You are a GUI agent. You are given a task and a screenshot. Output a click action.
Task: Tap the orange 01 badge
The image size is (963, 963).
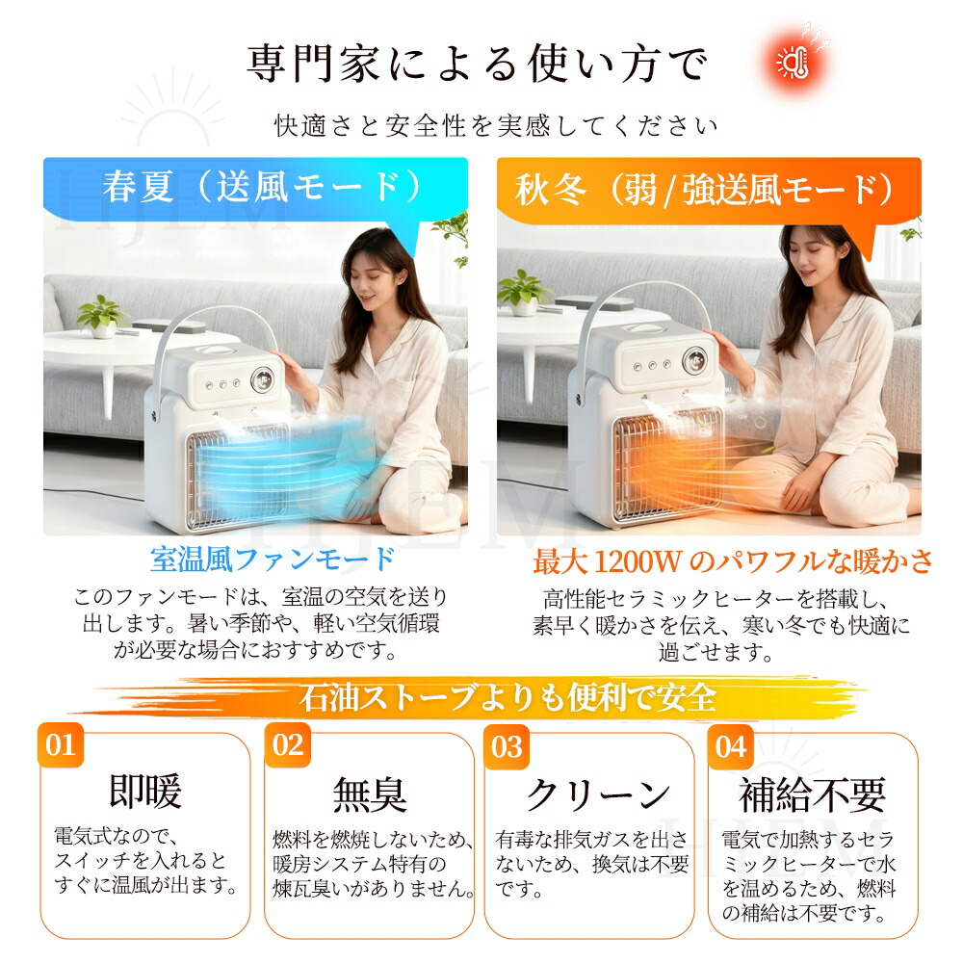point(60,745)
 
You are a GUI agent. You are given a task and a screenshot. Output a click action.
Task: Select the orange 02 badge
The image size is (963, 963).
point(287,745)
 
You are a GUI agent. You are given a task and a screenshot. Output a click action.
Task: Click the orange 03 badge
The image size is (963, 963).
point(507,747)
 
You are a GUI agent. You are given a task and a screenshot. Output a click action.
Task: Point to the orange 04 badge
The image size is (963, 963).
point(731,747)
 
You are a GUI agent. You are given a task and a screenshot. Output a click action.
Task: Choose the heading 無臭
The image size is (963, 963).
point(370,794)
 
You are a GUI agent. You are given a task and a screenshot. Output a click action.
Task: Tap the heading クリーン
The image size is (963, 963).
point(598,794)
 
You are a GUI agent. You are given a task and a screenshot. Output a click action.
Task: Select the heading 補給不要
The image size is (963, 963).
point(813,794)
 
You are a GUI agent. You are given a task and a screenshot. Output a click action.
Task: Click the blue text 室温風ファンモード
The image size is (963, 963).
point(273,559)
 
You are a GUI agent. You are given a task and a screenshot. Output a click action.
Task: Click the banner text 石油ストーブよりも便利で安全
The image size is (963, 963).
point(508,697)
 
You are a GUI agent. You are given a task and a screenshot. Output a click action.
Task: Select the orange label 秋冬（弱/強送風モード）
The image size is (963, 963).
point(704,189)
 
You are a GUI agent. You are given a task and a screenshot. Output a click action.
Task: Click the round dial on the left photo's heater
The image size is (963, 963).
point(262,380)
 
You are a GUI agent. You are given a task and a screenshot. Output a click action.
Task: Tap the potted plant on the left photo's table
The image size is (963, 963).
point(102,316)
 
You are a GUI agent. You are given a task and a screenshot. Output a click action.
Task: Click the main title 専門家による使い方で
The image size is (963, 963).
point(478,64)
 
